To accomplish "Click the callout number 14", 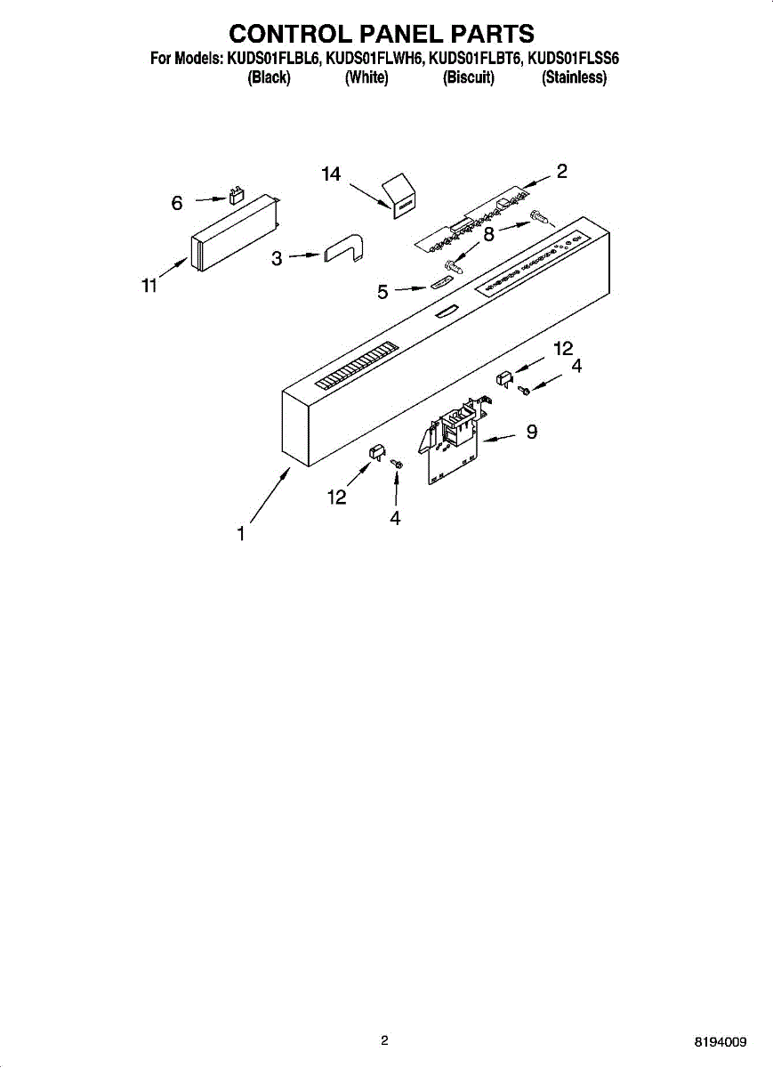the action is (331, 174).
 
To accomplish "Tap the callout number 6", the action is (177, 204).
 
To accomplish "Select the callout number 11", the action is (149, 286).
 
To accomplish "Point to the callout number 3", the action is (277, 258).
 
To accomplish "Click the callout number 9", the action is (531, 432).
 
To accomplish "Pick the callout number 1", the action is (240, 534).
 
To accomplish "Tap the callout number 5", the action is (382, 291).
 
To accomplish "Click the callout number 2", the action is (561, 172).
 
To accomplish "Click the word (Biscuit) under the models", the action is (469, 77).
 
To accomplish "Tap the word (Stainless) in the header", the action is (575, 77).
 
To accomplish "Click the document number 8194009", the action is (721, 1041).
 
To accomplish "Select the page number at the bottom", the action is (384, 1040).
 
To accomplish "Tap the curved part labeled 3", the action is (344, 249).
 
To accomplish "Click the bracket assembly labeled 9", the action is (452, 441).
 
